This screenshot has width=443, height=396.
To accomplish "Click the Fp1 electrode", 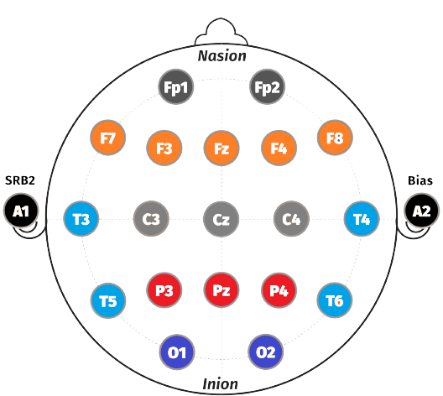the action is click(176, 86).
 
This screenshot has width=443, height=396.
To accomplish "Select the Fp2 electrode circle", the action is click(268, 86).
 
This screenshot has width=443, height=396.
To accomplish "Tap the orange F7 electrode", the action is click(108, 138).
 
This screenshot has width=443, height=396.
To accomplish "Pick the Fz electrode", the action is click(221, 148).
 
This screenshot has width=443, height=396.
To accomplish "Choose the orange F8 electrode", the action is click(335, 138).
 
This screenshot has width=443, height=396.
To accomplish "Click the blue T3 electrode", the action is click(81, 219).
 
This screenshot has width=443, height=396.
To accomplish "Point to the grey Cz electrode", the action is click(221, 219).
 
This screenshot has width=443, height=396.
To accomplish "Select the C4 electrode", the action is click(292, 219).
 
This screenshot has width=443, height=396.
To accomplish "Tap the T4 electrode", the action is click(362, 219).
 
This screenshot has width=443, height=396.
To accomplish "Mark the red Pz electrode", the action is click(221, 290).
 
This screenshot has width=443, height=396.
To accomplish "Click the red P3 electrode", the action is click(164, 290).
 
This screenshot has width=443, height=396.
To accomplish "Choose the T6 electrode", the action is click(335, 300).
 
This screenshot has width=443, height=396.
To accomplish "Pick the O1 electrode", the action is click(177, 352).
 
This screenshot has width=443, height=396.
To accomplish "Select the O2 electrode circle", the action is click(266, 352).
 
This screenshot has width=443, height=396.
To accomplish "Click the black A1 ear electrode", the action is click(21, 211).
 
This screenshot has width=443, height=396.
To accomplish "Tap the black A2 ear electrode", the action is click(422, 211).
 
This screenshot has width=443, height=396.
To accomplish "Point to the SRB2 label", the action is click(20, 180).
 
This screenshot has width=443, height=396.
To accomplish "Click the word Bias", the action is click(420, 180).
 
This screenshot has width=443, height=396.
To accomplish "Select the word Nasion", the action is click(222, 56).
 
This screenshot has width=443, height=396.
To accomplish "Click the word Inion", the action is click(221, 384).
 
